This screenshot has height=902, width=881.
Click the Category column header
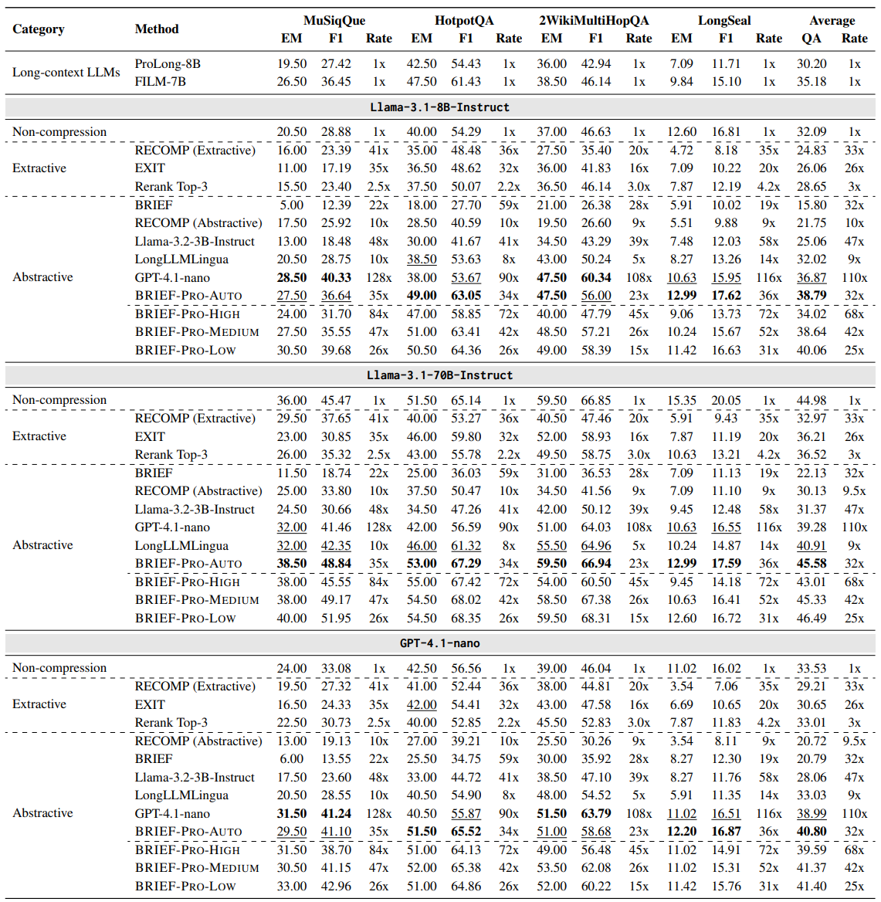[39, 29]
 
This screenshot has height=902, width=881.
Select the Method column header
[157, 29]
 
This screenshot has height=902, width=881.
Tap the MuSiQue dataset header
[334, 20]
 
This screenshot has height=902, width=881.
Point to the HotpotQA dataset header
[464, 20]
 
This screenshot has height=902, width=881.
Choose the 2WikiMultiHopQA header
[594, 20]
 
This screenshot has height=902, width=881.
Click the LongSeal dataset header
[724, 20]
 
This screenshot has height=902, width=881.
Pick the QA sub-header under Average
[811, 38]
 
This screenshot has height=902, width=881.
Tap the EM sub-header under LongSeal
[681, 38]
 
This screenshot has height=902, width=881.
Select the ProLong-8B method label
[168, 63]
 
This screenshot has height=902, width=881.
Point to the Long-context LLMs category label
[66, 73]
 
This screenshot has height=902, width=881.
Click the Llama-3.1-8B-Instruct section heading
[440, 107]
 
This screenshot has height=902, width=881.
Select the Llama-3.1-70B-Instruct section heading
[440, 375]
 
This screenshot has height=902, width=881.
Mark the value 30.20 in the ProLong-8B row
[812, 63]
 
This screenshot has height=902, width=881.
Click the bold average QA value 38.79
[812, 295]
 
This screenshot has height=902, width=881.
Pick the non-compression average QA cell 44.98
[812, 400]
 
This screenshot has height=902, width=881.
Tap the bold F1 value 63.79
[595, 813]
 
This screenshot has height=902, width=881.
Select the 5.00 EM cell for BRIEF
[292, 205]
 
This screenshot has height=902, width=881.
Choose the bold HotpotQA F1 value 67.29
[466, 563]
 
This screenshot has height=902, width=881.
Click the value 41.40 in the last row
[812, 886]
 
